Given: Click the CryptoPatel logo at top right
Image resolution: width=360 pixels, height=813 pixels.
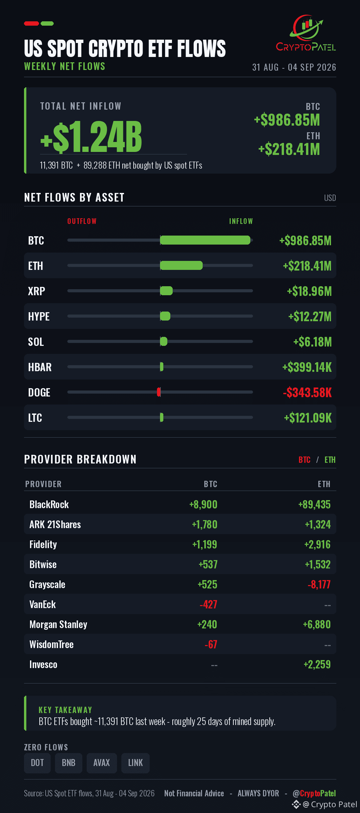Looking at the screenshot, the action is [x=306, y=33].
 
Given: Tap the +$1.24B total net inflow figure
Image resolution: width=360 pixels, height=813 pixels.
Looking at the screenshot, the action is [x=91, y=137].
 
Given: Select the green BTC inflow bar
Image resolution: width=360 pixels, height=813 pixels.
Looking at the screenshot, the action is [x=205, y=240].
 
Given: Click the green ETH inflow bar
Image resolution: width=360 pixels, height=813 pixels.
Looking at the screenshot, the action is [x=181, y=265].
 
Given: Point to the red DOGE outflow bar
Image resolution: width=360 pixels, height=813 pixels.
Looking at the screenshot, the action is [x=159, y=392].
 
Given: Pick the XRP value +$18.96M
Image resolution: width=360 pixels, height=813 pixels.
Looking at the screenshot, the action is [x=309, y=291].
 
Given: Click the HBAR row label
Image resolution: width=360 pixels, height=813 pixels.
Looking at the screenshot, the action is [x=40, y=367].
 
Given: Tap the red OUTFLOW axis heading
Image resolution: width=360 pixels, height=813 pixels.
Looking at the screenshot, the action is [x=82, y=221].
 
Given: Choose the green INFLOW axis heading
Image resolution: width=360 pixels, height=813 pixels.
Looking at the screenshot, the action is [x=241, y=221].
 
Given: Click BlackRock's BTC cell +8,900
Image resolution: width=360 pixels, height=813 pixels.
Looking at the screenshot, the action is [x=203, y=504].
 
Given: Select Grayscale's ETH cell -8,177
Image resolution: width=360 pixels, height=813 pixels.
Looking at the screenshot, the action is [x=319, y=584].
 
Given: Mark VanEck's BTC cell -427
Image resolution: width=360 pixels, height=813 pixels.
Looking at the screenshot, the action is [x=208, y=604].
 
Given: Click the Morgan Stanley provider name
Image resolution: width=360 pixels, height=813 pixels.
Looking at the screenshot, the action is [x=58, y=624].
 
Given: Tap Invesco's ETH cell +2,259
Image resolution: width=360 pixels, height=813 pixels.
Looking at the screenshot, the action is [x=317, y=664].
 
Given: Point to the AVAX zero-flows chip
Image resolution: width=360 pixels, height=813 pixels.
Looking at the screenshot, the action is [x=102, y=763].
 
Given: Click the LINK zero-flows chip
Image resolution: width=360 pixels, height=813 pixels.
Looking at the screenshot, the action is [x=135, y=763].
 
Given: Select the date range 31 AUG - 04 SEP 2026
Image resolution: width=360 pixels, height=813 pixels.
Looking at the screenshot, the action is [x=294, y=67].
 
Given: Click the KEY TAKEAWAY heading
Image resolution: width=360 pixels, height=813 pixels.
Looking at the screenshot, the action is [x=65, y=710].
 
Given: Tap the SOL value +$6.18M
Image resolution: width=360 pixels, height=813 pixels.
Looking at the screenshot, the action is [x=312, y=342].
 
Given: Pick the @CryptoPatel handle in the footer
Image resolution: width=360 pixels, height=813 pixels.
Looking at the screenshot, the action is [x=314, y=793].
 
